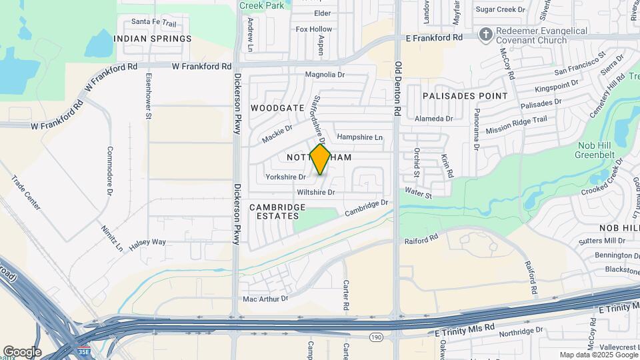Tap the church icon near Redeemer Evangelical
(487, 34)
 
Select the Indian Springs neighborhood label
(153, 39)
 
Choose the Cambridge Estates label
(277, 211)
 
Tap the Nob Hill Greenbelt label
(599, 149)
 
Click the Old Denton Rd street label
(398, 90)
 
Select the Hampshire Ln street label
(360, 137)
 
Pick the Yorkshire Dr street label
(285, 177)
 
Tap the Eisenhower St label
(149, 97)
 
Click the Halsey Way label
(147, 242)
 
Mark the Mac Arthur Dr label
(265, 299)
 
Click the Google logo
(22, 351)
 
